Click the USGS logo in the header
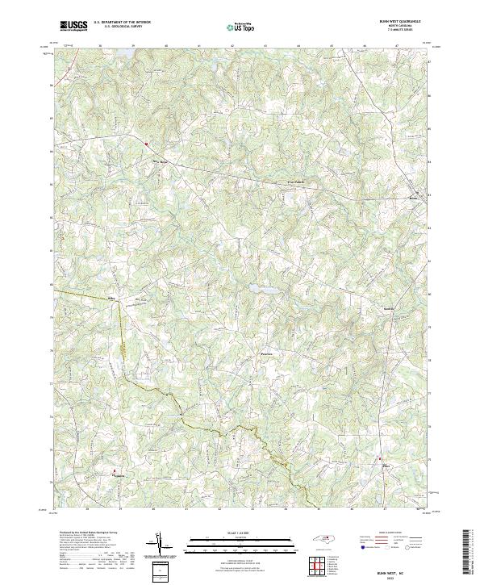(73, 26)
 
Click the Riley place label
(113, 299)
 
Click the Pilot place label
(384, 466)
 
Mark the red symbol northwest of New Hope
(146, 144)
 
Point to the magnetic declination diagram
(161, 546)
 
